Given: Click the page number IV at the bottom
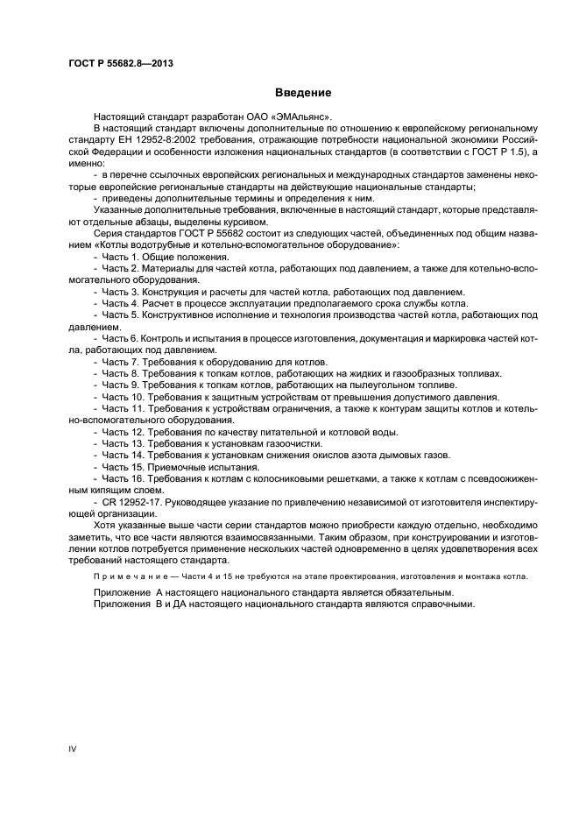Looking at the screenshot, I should tap(74, 748).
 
